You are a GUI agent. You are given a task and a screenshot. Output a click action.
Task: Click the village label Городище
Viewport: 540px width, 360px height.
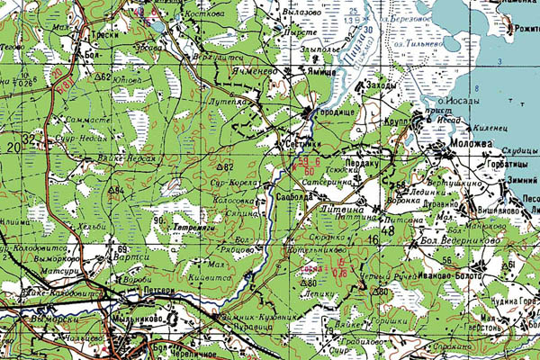pyautogui.click(x=338, y=112)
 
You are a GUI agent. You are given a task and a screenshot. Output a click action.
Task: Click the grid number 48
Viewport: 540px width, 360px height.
pyautogui.click(x=388, y=229)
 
